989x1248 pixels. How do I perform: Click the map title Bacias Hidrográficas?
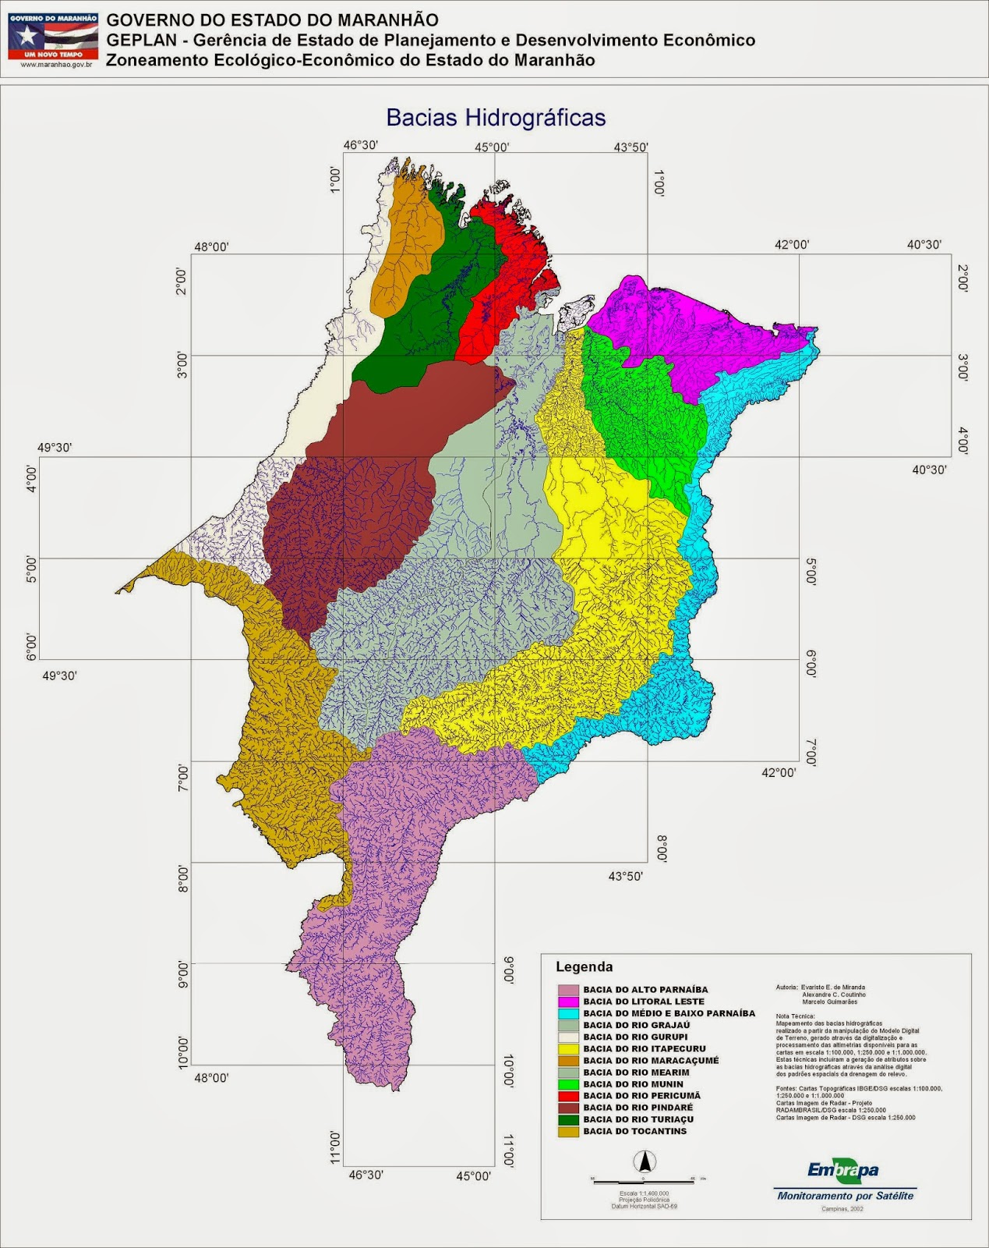pyautogui.click(x=496, y=118)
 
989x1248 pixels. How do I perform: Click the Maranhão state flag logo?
pyautogui.click(x=53, y=35)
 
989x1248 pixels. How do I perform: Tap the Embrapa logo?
pyautogui.click(x=842, y=1171)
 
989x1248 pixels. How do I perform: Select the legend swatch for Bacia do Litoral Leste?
pyautogui.click(x=569, y=1002)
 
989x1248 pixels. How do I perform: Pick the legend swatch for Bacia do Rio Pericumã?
pyautogui.click(x=569, y=1096)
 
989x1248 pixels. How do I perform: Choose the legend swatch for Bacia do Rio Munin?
pyautogui.click(x=569, y=1084)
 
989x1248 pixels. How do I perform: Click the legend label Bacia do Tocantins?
pyautogui.click(x=634, y=1131)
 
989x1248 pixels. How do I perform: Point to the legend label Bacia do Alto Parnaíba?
pyautogui.click(x=645, y=990)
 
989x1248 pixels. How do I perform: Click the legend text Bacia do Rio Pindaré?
pyautogui.click(x=638, y=1108)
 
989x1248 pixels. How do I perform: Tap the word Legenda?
pyautogui.click(x=584, y=967)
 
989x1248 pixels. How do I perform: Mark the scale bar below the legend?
pyautogui.click(x=645, y=1179)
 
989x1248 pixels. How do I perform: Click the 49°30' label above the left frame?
pyautogui.click(x=55, y=448)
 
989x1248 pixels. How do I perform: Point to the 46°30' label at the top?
pyautogui.click(x=361, y=145)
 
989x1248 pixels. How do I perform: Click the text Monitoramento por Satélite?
pyautogui.click(x=845, y=1196)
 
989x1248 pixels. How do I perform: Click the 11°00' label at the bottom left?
pyautogui.click(x=335, y=1147)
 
